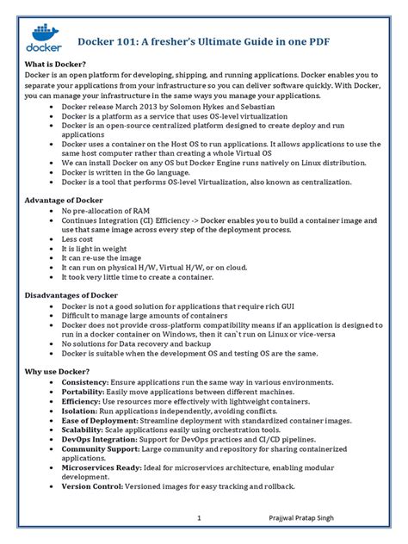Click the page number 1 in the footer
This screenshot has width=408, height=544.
(x=199, y=518)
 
